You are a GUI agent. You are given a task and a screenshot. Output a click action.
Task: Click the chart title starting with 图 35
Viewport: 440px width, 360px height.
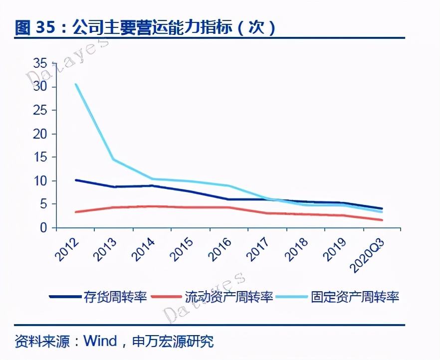145,27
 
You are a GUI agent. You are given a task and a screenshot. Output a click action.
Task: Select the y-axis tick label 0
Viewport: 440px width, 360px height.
44,228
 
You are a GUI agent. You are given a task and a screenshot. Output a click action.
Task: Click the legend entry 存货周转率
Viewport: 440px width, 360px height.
115,297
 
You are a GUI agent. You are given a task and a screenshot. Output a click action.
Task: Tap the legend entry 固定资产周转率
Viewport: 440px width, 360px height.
355,297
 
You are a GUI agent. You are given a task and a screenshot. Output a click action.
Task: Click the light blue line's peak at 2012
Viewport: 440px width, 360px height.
76,84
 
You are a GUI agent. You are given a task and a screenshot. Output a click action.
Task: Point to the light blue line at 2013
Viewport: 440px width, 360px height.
114,160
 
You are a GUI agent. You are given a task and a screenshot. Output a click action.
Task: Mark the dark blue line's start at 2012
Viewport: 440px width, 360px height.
76,180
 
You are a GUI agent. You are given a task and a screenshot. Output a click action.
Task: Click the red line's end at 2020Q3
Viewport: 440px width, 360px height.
382,220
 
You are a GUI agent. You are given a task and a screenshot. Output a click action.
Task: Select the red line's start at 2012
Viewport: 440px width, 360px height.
76,212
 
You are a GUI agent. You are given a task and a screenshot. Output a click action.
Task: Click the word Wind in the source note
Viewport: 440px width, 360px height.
100,342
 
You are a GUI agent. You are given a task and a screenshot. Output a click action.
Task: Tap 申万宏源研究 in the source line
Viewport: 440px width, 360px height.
173,342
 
